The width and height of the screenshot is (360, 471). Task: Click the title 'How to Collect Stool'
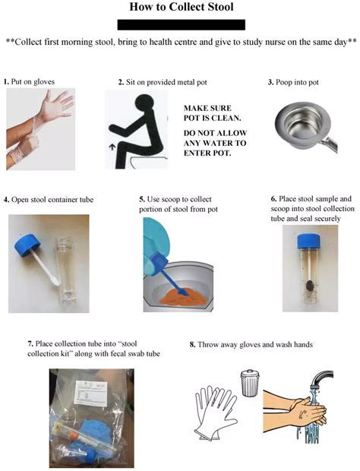click(179, 8)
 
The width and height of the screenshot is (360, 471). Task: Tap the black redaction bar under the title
click(179, 25)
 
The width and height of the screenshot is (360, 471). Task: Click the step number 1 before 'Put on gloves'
click(6, 81)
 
